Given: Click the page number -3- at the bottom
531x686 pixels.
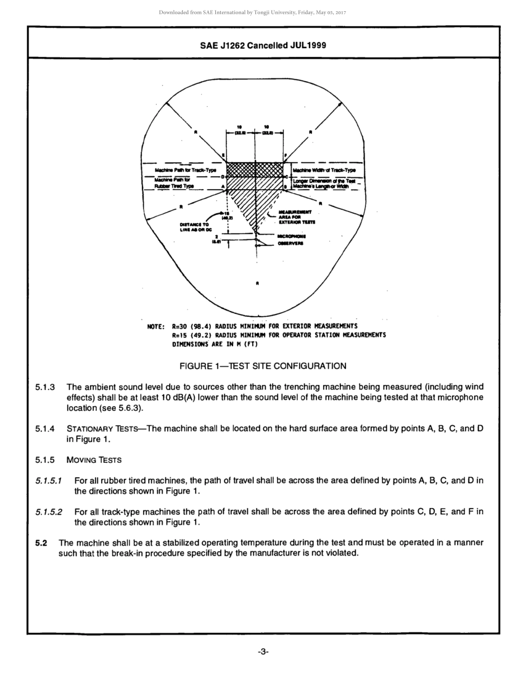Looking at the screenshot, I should pos(263,651).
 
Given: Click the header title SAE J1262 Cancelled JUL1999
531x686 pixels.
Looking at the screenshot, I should pos(263,45).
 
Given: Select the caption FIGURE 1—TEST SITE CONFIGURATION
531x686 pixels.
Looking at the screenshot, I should pos(263,366).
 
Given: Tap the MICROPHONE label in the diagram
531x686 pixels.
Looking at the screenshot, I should pos(292,236).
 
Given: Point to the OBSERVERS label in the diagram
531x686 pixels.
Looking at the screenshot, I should pos(291,243).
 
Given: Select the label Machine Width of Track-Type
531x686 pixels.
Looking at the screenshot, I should pos(324,170).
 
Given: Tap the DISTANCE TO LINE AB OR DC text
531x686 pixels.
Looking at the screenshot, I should pos(194,227).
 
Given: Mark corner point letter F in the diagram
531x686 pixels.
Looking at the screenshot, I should pos(285,155).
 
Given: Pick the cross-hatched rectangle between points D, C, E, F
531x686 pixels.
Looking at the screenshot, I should pos(254,170).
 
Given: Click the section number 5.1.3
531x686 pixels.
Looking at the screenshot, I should pos(44,387).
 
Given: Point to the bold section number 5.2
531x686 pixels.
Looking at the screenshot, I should pos(41,543).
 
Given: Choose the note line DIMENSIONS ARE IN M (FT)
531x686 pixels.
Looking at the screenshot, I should pos(215,344).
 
